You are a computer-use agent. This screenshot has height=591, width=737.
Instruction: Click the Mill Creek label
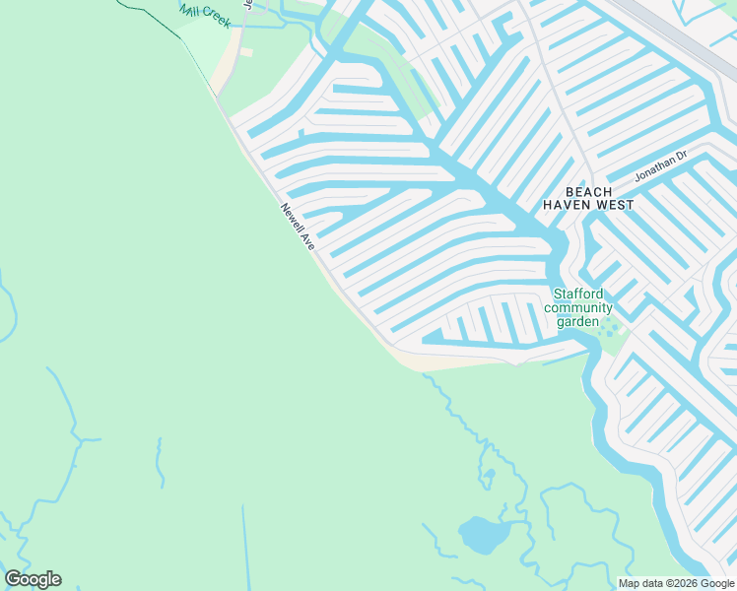[x=205, y=14]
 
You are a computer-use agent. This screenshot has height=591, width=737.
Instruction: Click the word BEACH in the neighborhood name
[x=588, y=191]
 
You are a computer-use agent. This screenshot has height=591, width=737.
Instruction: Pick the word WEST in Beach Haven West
[x=615, y=205]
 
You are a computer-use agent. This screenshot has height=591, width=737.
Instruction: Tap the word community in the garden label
[x=584, y=307]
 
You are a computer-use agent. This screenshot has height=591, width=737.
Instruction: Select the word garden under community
[x=577, y=321]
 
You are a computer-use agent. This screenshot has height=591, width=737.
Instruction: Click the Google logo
[x=33, y=579]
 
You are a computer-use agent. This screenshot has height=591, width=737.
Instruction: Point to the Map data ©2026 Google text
[x=676, y=583]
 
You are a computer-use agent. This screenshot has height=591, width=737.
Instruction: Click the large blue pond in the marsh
[x=481, y=535]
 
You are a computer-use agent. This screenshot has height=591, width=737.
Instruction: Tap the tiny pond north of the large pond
[x=487, y=479]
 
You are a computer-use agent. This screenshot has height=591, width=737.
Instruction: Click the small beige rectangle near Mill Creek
[x=246, y=52]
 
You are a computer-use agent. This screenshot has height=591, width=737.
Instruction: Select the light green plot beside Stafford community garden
[x=613, y=336]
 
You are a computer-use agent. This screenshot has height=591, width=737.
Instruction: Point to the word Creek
[x=217, y=20]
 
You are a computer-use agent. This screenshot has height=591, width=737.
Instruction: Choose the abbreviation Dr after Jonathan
[x=680, y=156]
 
